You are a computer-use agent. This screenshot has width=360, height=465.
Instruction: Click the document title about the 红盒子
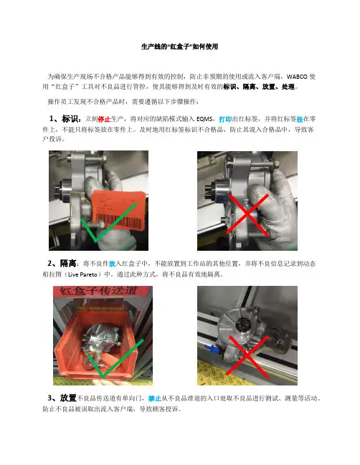tap(179, 47)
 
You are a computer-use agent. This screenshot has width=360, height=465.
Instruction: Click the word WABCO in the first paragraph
tap(297, 77)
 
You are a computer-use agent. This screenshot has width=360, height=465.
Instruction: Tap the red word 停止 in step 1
tap(104, 119)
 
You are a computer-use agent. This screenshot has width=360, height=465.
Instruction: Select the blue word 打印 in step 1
tap(225, 119)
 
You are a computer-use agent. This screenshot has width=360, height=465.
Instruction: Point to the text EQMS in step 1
tap(204, 119)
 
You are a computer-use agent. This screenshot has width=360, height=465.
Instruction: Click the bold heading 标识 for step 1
tap(70, 119)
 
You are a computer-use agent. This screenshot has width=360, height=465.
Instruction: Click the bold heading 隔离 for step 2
tap(68, 263)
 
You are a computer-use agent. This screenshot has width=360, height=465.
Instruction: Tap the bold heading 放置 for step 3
tap(68, 398)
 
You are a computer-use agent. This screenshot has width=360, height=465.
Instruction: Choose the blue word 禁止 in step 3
tap(155, 398)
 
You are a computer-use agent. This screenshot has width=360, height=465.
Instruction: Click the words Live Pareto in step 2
tap(82, 274)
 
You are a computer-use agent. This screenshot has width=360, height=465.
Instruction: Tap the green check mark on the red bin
tap(116, 358)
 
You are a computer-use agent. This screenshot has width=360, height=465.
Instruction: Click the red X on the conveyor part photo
tap(247, 357)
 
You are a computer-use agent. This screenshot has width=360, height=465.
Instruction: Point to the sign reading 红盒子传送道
tap(98, 291)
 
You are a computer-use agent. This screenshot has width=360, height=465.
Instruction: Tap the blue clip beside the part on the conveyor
tap(212, 349)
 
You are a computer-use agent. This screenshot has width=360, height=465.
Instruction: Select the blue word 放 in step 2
tap(112, 264)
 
